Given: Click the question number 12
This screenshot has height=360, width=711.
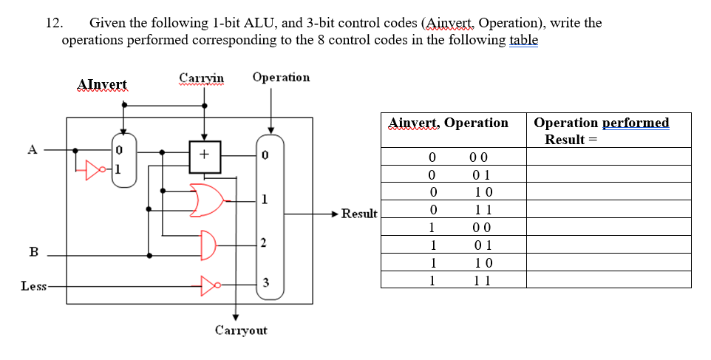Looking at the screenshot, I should (53, 23).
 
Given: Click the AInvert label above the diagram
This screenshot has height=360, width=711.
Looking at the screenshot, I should (102, 85).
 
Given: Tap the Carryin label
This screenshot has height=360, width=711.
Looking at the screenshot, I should (201, 78).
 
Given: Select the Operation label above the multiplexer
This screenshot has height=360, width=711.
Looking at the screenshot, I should (281, 77).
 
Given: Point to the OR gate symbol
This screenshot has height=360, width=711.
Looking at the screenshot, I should (206, 200).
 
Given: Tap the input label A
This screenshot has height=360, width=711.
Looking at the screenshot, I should (32, 149).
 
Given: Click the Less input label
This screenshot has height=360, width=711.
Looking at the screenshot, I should (34, 285).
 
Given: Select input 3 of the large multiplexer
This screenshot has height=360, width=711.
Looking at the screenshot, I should (267, 285).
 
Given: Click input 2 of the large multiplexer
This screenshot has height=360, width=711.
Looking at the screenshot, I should (267, 244).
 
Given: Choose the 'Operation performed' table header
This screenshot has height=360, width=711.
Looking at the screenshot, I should (601, 123).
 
